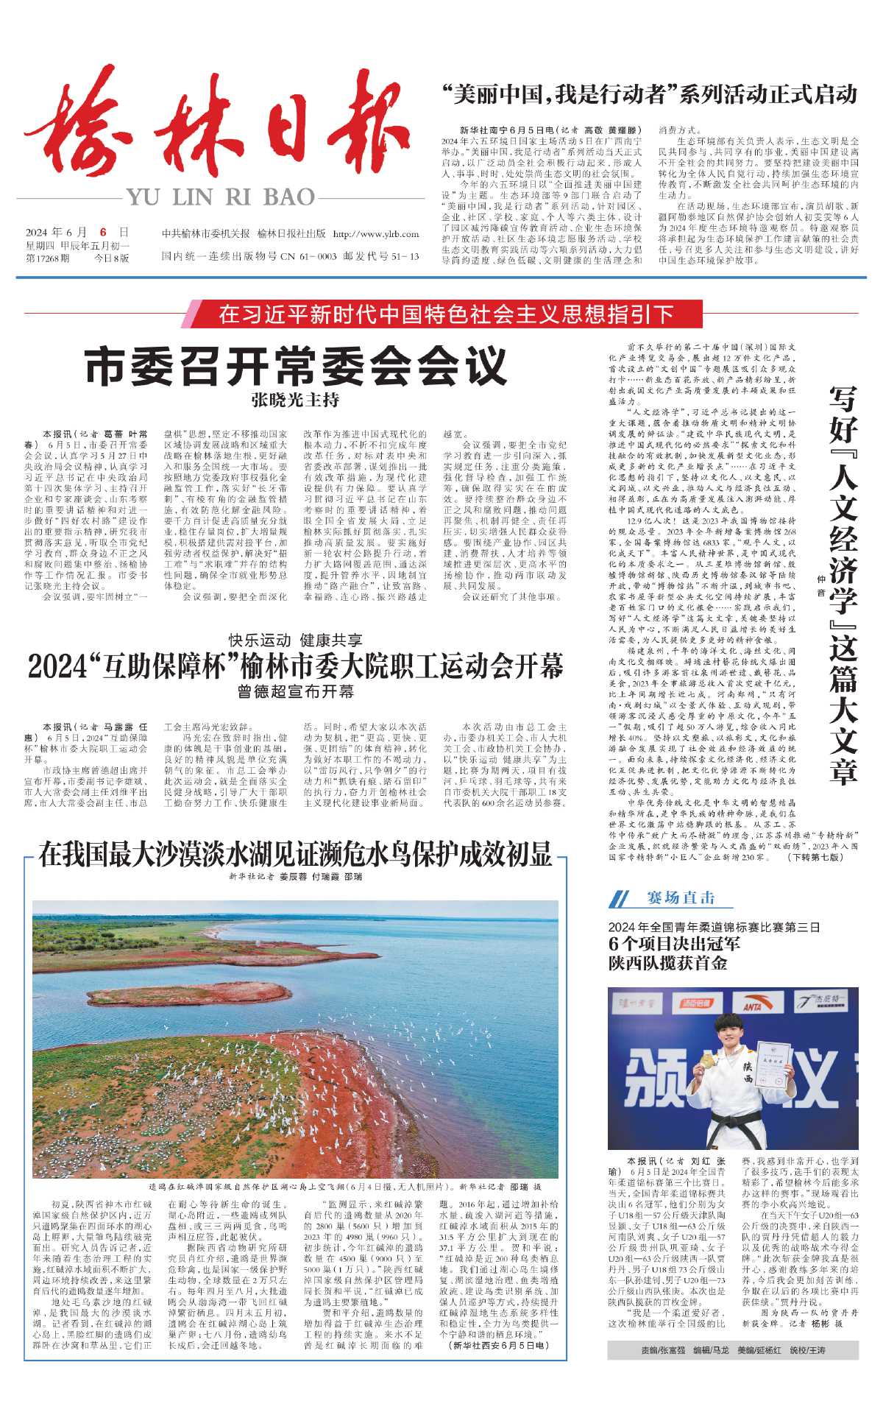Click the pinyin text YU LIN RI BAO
tap(220, 197)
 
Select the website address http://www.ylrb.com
tap(375, 234)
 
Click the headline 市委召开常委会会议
tap(296, 366)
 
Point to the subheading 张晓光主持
tap(296, 400)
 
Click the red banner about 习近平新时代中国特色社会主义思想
tap(446, 314)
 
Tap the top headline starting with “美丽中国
tap(649, 94)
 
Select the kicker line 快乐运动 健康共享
tap(296, 640)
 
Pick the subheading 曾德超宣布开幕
tap(296, 691)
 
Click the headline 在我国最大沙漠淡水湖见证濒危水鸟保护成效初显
tap(296, 854)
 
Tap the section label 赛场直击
tap(681, 897)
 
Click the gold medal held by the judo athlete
tap(707, 1060)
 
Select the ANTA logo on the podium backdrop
tap(752, 1006)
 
